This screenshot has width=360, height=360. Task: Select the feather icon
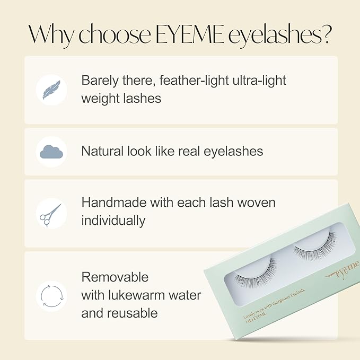(x=51, y=90)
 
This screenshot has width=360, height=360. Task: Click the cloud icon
(x=51, y=152)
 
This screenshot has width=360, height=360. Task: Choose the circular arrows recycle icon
(x=51, y=295)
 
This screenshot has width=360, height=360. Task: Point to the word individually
(x=113, y=221)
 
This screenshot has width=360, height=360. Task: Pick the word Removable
(x=115, y=277)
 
